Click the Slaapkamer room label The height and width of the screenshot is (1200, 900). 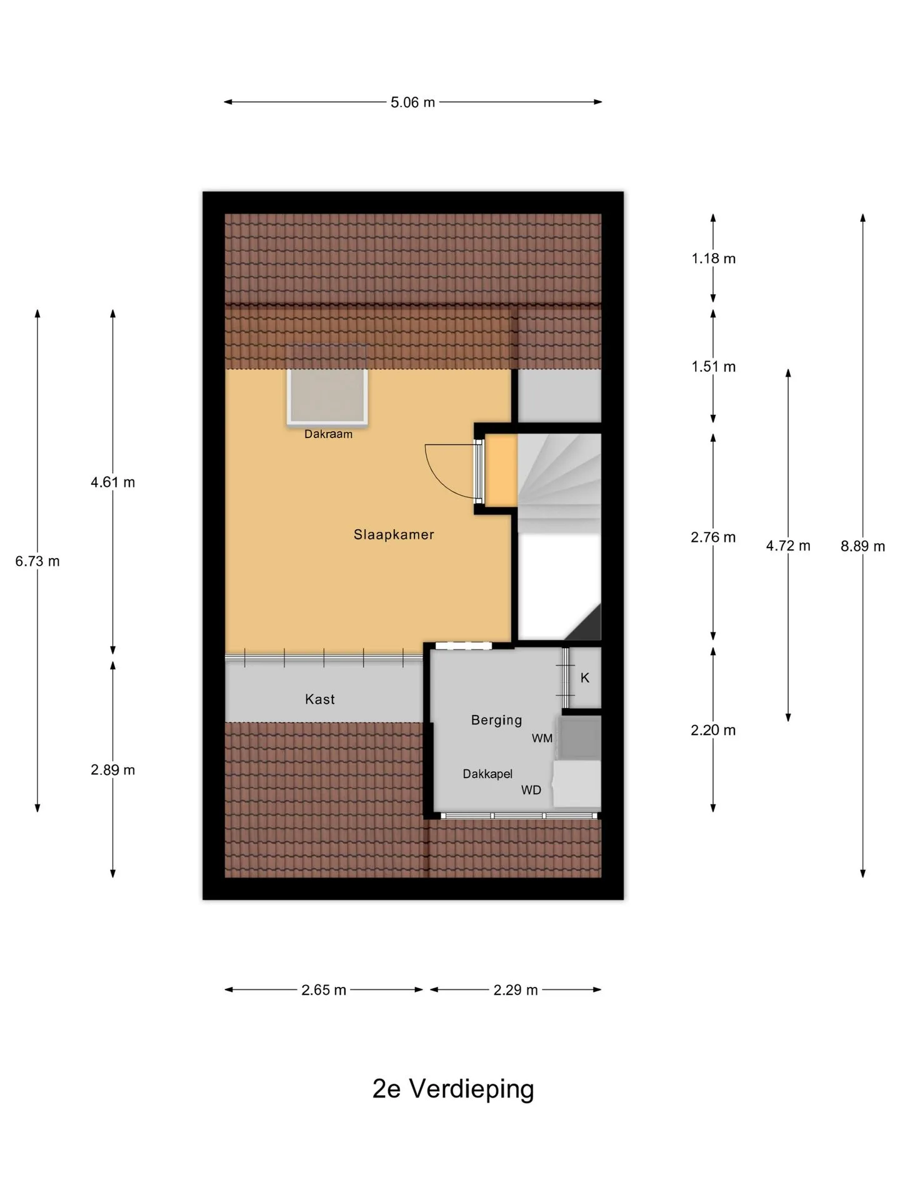coord(394,534)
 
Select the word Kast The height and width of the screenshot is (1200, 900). coord(320,699)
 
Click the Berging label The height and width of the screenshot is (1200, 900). coord(496,720)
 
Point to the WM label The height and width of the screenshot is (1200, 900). coord(542,738)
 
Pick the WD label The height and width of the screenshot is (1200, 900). coord(531,790)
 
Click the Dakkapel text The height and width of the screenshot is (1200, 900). coord(487,774)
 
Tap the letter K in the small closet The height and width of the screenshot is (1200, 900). coord(585,677)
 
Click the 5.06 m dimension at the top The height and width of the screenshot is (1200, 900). coord(412,102)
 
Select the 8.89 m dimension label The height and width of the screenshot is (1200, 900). coord(862,546)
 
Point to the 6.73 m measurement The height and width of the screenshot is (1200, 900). coord(37,561)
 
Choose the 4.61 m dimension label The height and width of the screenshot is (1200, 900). coord(112,482)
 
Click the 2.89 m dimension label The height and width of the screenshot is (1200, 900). coord(112,770)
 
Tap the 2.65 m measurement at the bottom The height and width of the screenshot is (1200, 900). coord(324,990)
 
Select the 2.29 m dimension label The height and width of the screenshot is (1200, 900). coord(516,990)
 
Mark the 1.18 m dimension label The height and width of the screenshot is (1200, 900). coord(713,258)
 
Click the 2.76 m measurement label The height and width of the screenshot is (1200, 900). coord(713,537)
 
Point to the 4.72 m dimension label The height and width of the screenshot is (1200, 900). coord(788,546)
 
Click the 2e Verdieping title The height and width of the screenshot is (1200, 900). coord(453,1089)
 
